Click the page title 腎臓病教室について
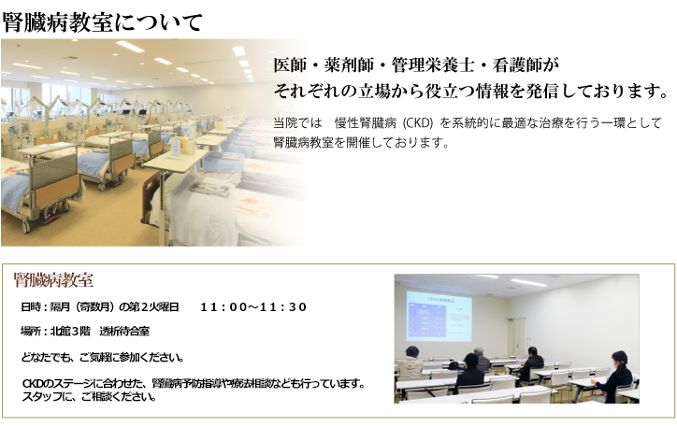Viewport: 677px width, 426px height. [x=102, y=22]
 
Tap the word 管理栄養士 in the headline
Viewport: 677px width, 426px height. [x=433, y=65]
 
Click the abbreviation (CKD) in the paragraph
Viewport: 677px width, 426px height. [x=417, y=123]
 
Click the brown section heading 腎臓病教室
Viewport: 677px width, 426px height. [x=53, y=280]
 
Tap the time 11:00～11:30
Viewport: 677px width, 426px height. [x=253, y=307]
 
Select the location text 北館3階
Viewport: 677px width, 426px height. [x=70, y=331]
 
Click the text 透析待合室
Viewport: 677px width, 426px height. [x=124, y=331]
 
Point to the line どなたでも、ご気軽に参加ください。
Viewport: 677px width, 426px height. [x=103, y=358]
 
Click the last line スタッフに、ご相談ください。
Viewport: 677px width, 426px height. [x=89, y=396]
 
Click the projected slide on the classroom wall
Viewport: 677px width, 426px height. [x=439, y=316]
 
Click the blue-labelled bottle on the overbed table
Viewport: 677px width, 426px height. [x=177, y=147]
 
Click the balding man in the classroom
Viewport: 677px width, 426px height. [x=481, y=359]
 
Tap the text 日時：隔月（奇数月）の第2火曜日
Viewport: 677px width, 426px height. [x=100, y=307]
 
